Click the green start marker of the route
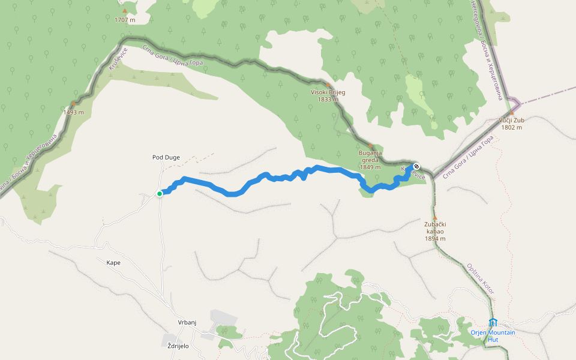pyautogui.click(x=160, y=194)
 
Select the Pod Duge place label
pyautogui.click(x=166, y=158)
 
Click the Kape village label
pyautogui.click(x=113, y=263)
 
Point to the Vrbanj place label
pyautogui.click(x=187, y=322)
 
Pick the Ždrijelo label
pyautogui.click(x=178, y=346)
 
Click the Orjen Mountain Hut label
pyautogui.click(x=493, y=336)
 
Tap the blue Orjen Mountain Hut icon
pyautogui.click(x=493, y=323)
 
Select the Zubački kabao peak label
pyautogui.click(x=435, y=228)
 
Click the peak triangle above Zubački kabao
pyautogui.click(x=435, y=217)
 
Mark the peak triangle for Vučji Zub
pyautogui.click(x=511, y=112)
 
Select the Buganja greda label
pyautogui.click(x=370, y=157)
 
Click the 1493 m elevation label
pyautogui.click(x=73, y=112)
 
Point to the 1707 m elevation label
pyautogui.click(x=125, y=20)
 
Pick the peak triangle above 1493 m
pyautogui.click(x=73, y=104)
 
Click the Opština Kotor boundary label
pyautogui.click(x=481, y=278)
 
